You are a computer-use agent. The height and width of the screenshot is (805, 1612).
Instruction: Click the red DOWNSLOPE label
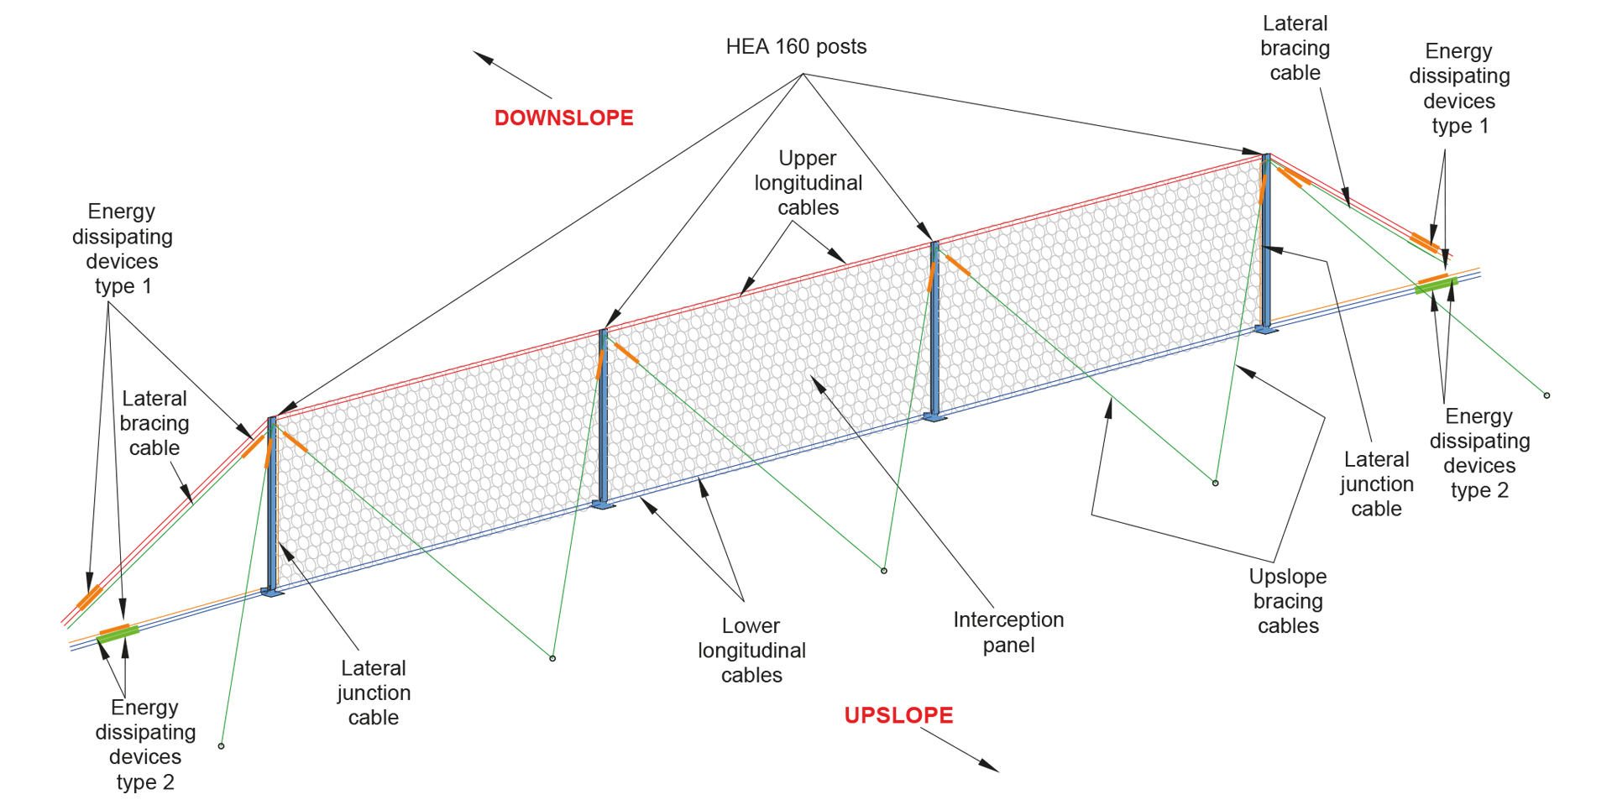[563, 118]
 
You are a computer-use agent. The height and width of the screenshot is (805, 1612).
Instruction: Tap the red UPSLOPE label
[898, 715]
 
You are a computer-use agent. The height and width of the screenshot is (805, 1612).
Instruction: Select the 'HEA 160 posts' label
[796, 47]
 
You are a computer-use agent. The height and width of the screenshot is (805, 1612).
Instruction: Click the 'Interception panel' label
[1008, 632]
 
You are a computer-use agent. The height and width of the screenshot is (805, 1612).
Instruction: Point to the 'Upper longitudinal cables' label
[808, 183]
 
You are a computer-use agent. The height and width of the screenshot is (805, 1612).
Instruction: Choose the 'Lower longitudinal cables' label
[751, 651]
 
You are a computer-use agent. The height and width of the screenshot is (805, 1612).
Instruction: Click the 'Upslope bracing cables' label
[1288, 601]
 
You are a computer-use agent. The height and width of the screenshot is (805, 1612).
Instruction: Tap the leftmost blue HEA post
[271, 504]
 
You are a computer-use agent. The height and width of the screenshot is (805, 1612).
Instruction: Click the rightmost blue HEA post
[1266, 243]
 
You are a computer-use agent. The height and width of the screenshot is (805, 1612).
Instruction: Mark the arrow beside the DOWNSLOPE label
[511, 75]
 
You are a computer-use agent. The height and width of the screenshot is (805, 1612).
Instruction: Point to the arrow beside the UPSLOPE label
[960, 749]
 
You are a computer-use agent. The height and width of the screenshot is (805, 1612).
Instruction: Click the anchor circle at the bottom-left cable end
[222, 745]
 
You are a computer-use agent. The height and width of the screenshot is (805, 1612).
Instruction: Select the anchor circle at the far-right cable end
[1547, 395]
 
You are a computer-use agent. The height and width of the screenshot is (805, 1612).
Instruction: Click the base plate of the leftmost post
[273, 593]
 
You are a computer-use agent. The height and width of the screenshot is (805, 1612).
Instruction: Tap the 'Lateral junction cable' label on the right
[1376, 484]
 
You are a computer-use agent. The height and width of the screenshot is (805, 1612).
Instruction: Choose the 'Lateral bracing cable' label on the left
[154, 423]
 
